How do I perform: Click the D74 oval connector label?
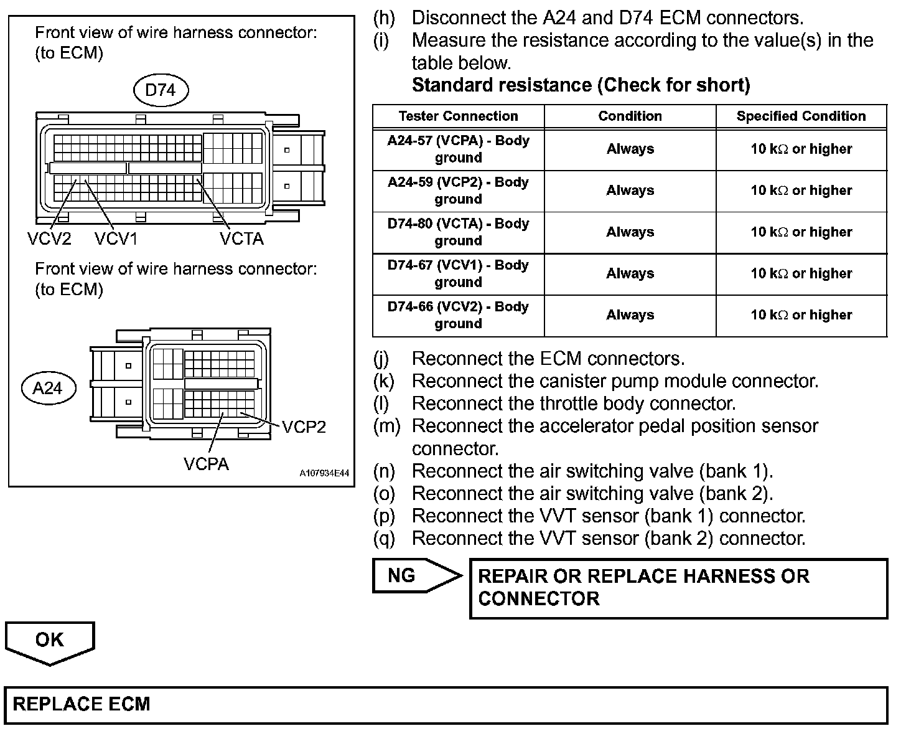click(161, 90)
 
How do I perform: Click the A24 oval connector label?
click(48, 389)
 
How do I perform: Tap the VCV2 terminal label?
click(49, 238)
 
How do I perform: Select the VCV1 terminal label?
click(116, 238)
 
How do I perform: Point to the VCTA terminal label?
click(241, 238)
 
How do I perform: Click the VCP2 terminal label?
click(304, 427)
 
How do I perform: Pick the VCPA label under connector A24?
click(206, 464)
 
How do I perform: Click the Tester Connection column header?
click(458, 116)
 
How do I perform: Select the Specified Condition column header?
click(801, 116)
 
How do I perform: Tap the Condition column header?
click(630, 116)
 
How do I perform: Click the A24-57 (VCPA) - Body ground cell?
click(458, 149)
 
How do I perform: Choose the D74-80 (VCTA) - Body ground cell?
click(458, 232)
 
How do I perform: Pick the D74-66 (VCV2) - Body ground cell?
click(458, 315)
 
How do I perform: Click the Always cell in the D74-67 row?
click(630, 273)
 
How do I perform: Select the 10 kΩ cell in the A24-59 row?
click(801, 191)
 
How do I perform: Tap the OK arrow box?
click(50, 641)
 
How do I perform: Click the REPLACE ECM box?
click(446, 704)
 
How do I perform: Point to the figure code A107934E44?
click(324, 474)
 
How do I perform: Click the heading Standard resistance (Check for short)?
click(581, 85)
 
